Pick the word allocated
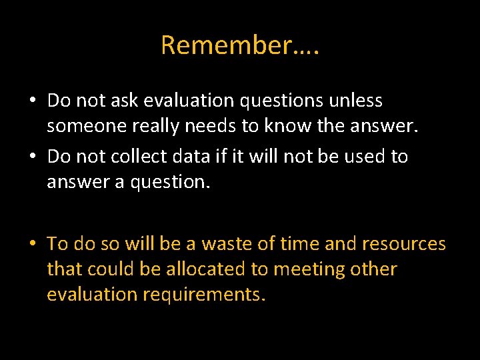[190, 269]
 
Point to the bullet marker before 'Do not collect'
[32, 157]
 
